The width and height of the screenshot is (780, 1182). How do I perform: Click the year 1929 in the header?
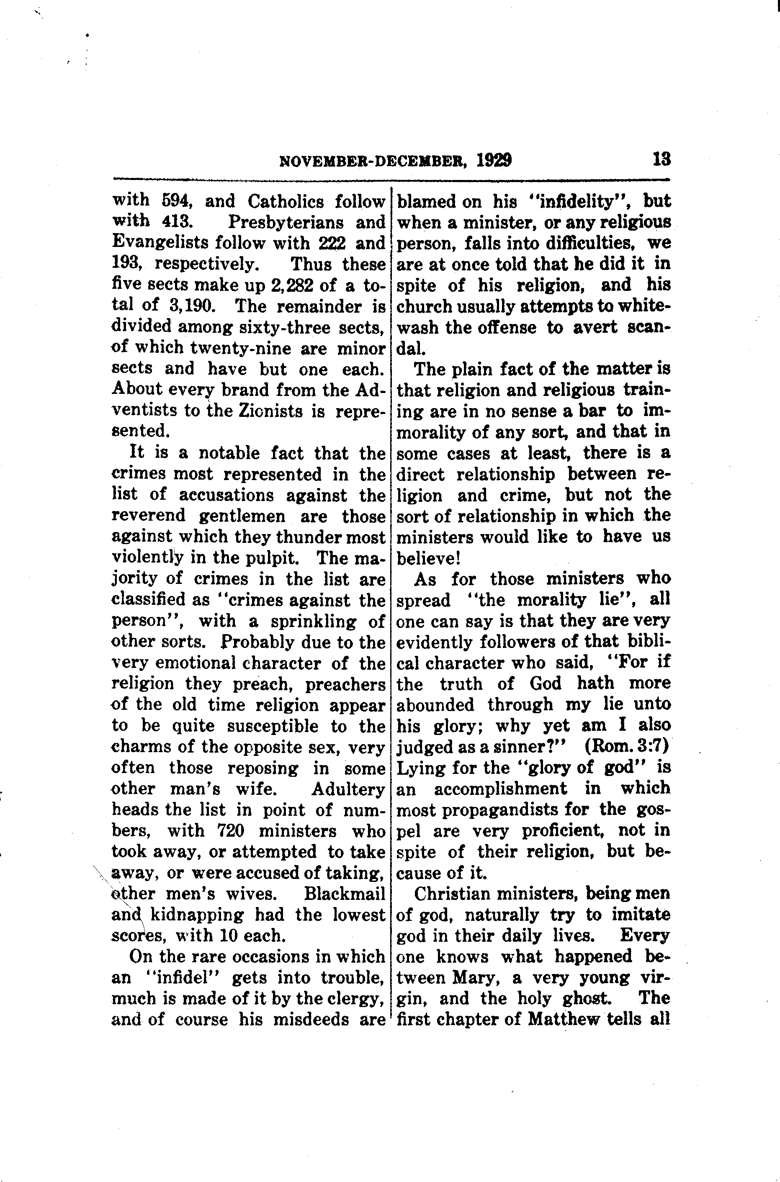(494, 161)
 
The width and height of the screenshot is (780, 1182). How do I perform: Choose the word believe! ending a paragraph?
(428, 558)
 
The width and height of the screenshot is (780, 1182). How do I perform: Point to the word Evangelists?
(160, 243)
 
